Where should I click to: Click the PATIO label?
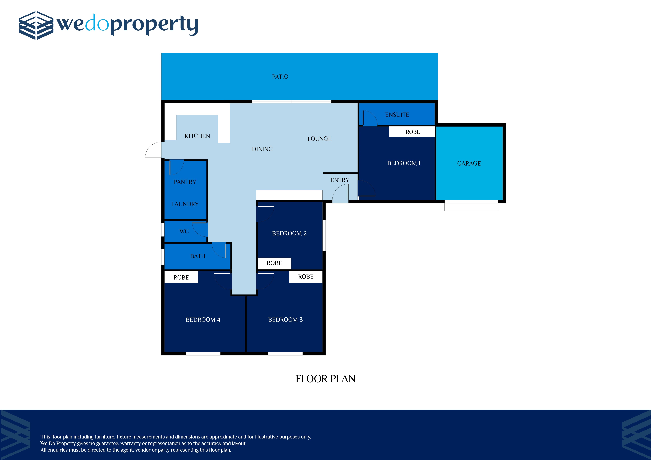[x=280, y=76]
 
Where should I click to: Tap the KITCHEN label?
[x=197, y=136]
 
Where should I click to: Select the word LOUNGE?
[x=320, y=139]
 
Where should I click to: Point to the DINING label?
[x=262, y=149]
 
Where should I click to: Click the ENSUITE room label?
[x=397, y=115]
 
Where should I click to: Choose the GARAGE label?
[x=469, y=164]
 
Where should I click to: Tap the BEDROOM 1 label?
[x=404, y=163]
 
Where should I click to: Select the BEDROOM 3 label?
[x=285, y=320]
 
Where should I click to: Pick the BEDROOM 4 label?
[x=203, y=320]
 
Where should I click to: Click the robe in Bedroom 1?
[x=412, y=132]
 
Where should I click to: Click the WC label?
[x=184, y=231]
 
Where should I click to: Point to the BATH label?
[x=198, y=256]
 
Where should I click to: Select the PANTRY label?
[x=185, y=182]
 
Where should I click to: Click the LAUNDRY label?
[x=185, y=204]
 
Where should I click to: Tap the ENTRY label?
[x=340, y=180]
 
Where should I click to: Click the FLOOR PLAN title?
[x=325, y=379]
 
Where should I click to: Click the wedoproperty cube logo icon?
[x=36, y=25]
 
